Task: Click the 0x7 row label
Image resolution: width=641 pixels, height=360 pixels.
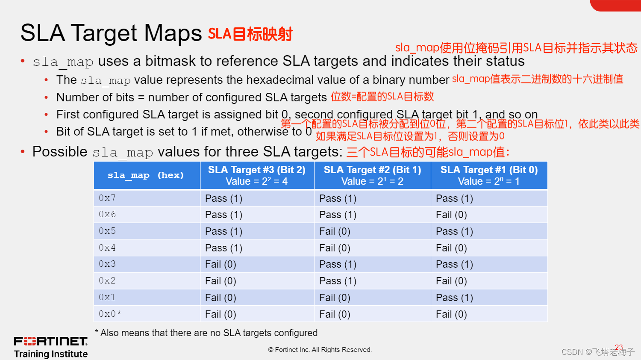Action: point(107,198)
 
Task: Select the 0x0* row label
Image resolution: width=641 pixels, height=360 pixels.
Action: point(110,314)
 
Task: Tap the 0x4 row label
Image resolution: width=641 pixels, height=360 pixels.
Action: point(107,248)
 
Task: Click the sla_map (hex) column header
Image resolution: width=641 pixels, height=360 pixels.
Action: point(146,175)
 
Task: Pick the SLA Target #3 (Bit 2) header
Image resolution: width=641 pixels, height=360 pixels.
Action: point(257,175)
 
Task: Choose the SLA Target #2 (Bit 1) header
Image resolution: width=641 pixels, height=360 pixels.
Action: point(372,175)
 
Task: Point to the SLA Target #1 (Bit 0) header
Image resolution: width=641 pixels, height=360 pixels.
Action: point(489,175)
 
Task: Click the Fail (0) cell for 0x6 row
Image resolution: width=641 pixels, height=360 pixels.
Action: point(451,215)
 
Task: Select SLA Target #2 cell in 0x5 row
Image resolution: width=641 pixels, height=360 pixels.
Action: point(335,231)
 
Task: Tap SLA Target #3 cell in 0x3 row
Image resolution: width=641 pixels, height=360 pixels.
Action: point(221,264)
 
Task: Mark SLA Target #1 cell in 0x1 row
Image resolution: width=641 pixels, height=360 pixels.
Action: point(454,298)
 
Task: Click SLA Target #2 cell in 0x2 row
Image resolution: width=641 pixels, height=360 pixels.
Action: point(338,281)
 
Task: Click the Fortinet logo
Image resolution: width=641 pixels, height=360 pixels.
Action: point(51,341)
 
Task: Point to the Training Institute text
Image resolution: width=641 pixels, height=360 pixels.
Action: point(51,354)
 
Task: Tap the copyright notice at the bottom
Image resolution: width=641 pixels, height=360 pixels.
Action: point(320,350)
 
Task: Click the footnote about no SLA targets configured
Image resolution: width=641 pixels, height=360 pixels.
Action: point(206,333)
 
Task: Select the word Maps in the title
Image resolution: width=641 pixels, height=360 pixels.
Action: point(173,33)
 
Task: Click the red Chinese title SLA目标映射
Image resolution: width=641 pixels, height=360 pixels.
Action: point(250,34)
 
